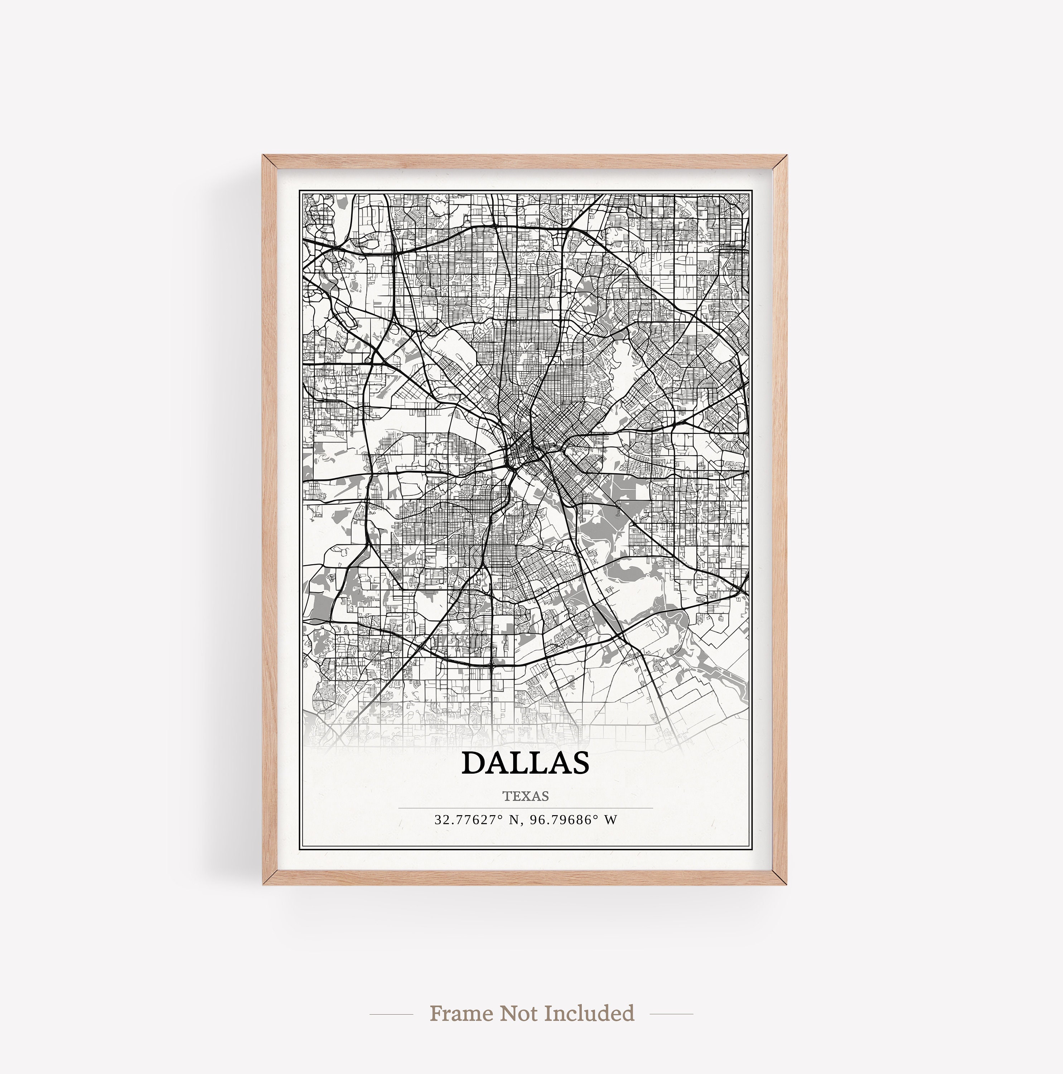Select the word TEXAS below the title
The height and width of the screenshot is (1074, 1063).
(x=525, y=796)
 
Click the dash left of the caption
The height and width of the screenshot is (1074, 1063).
(x=391, y=1013)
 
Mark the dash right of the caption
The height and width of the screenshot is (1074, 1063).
(x=671, y=1013)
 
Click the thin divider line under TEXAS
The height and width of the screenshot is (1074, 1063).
(x=525, y=808)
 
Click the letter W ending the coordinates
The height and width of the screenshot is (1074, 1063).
(x=612, y=819)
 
